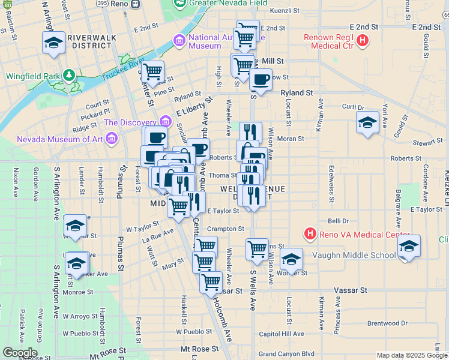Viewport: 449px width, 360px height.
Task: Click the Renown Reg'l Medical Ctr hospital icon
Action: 362,41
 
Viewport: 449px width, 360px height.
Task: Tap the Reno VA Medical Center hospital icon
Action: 310,233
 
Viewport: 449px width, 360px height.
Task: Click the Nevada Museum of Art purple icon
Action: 110,139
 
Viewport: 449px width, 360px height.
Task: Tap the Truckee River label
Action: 122,68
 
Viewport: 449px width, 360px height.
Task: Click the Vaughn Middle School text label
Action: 354,255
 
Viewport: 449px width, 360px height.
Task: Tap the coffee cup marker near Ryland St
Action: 261,79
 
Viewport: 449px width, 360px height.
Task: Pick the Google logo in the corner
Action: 20,353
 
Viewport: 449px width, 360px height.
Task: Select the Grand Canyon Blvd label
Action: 286,354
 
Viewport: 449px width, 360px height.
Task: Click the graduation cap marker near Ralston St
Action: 53,43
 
